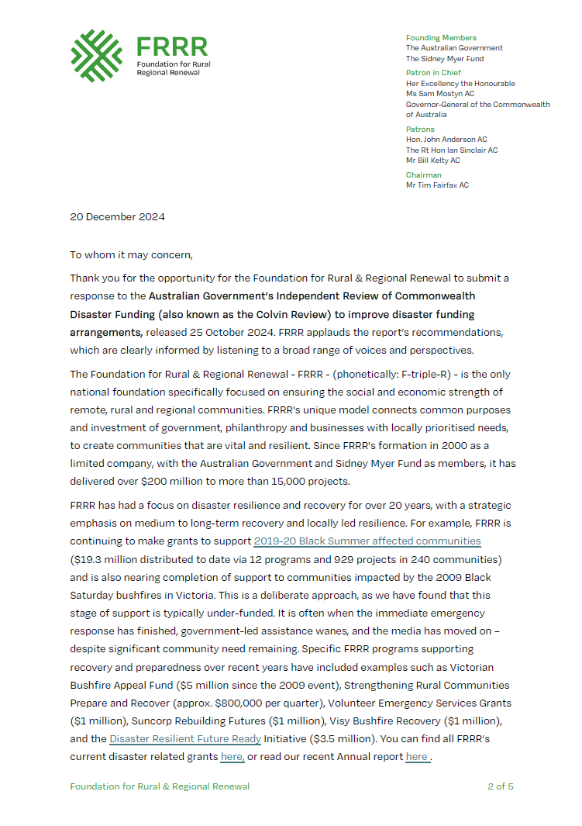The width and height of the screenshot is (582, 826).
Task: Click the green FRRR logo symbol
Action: click(x=96, y=55)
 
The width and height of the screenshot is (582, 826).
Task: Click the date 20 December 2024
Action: click(x=117, y=216)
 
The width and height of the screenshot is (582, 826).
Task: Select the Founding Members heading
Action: click(x=441, y=38)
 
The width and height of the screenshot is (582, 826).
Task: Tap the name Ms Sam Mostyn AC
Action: click(x=440, y=94)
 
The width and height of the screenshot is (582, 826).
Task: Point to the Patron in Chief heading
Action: click(x=434, y=73)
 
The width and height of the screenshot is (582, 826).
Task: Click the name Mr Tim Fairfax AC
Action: click(x=437, y=185)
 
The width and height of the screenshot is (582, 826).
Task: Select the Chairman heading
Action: click(x=424, y=175)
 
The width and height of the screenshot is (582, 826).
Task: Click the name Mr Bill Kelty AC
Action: click(x=432, y=161)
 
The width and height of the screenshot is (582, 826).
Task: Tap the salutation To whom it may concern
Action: click(x=130, y=254)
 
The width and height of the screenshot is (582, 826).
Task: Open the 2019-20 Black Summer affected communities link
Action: click(x=367, y=541)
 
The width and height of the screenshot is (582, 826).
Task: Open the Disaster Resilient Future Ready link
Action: click(x=184, y=738)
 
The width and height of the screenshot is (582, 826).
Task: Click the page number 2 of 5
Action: click(x=500, y=786)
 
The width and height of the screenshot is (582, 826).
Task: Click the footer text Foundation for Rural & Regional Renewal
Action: click(x=160, y=786)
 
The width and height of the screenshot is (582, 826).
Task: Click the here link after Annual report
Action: click(x=416, y=756)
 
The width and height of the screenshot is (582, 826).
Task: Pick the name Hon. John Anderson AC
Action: click(x=446, y=140)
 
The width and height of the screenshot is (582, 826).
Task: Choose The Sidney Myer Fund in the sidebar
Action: click(x=444, y=58)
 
